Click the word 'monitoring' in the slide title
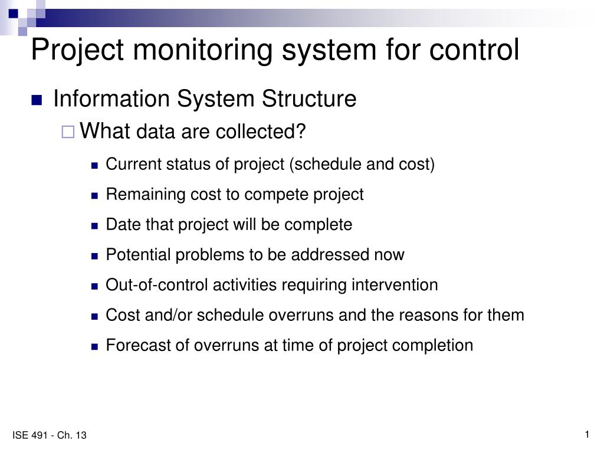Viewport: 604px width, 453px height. [202, 50]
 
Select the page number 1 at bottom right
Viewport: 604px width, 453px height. [587, 435]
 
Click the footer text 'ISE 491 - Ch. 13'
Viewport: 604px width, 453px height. [50, 435]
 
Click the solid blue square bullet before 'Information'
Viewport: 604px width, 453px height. [37, 100]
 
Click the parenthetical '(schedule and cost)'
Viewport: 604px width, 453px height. [362, 165]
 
